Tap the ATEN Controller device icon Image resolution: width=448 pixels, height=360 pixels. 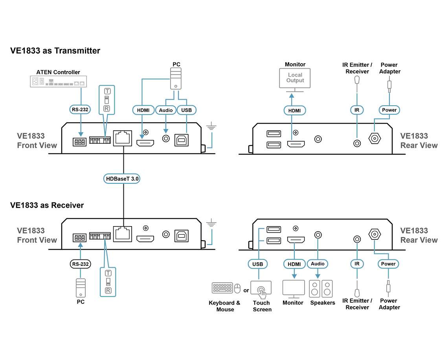pyautogui.click(x=59, y=82)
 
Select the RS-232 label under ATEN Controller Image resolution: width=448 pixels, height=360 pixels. pyautogui.click(x=80, y=110)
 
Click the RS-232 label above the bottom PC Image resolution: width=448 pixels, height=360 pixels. pyautogui.click(x=80, y=264)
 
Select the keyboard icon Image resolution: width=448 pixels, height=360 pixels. pyautogui.click(x=222, y=288)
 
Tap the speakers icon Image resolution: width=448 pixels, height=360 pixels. pyautogui.click(x=321, y=289)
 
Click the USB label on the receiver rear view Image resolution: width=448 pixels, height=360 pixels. pyautogui.click(x=257, y=264)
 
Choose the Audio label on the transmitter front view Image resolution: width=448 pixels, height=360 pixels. pyautogui.click(x=166, y=110)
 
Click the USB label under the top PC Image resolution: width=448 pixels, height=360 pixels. pyautogui.click(x=187, y=110)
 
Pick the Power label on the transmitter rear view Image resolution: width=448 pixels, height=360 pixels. pyautogui.click(x=389, y=110)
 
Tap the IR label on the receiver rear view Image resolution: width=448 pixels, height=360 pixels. pyautogui.click(x=357, y=264)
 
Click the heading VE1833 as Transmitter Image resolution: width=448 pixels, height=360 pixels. pyautogui.click(x=55, y=51)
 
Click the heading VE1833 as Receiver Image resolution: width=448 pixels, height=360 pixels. pyautogui.click(x=47, y=205)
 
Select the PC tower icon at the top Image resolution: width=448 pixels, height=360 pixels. pyautogui.click(x=176, y=79)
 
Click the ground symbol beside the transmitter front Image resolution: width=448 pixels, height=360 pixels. pyautogui.click(x=211, y=127)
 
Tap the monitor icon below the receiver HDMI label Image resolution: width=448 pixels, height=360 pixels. pyautogui.click(x=294, y=288)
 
